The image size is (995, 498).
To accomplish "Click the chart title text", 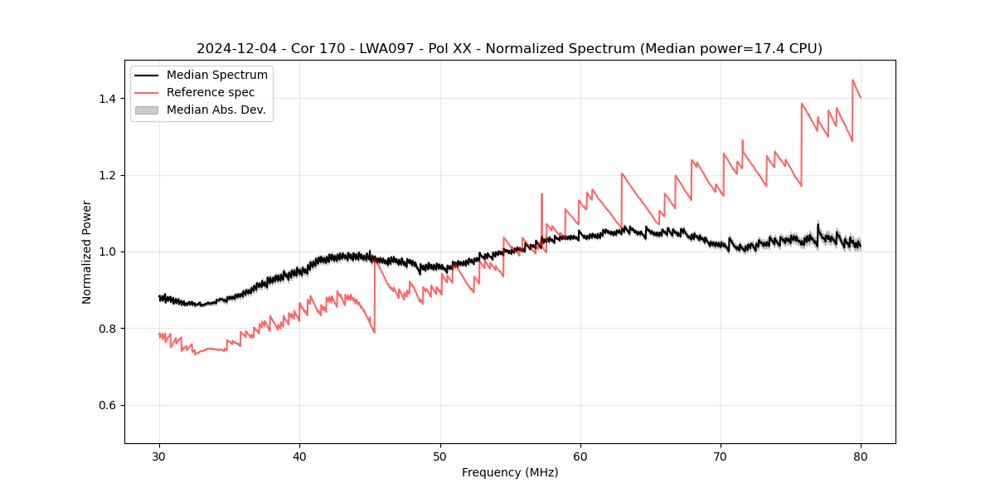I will (509, 49).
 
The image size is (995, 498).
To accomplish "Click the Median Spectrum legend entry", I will (216, 76).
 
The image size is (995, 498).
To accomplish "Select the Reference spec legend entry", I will (211, 92).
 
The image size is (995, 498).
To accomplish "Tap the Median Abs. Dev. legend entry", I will (216, 110).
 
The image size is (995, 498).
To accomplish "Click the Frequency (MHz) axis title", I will (510, 472).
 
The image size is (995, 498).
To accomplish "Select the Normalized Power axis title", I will (87, 251).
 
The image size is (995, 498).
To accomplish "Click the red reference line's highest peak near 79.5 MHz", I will (852, 81).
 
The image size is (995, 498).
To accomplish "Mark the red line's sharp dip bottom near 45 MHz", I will (374, 332).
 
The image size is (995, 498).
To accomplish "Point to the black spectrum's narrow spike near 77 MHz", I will (818, 224).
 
